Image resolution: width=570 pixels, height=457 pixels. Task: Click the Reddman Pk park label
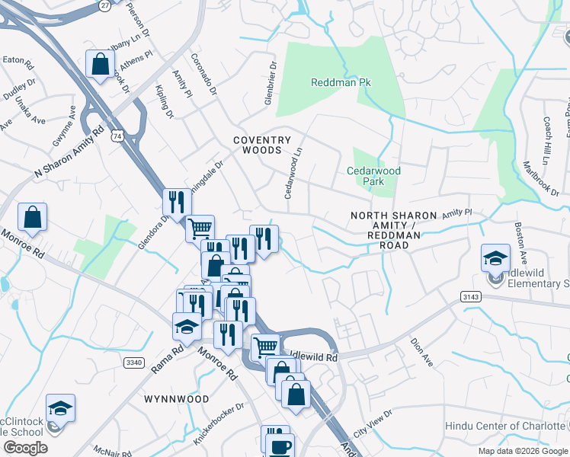point(341,81)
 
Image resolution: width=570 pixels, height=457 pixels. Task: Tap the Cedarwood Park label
point(373,177)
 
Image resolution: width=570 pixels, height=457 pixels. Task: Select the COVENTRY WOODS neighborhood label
point(262,145)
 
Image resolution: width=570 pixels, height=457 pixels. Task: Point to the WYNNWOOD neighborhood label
point(176,398)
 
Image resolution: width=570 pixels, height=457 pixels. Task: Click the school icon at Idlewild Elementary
point(495,257)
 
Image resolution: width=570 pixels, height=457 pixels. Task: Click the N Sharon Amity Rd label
point(68,152)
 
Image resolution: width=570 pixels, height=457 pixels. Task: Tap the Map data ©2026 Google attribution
point(522,451)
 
